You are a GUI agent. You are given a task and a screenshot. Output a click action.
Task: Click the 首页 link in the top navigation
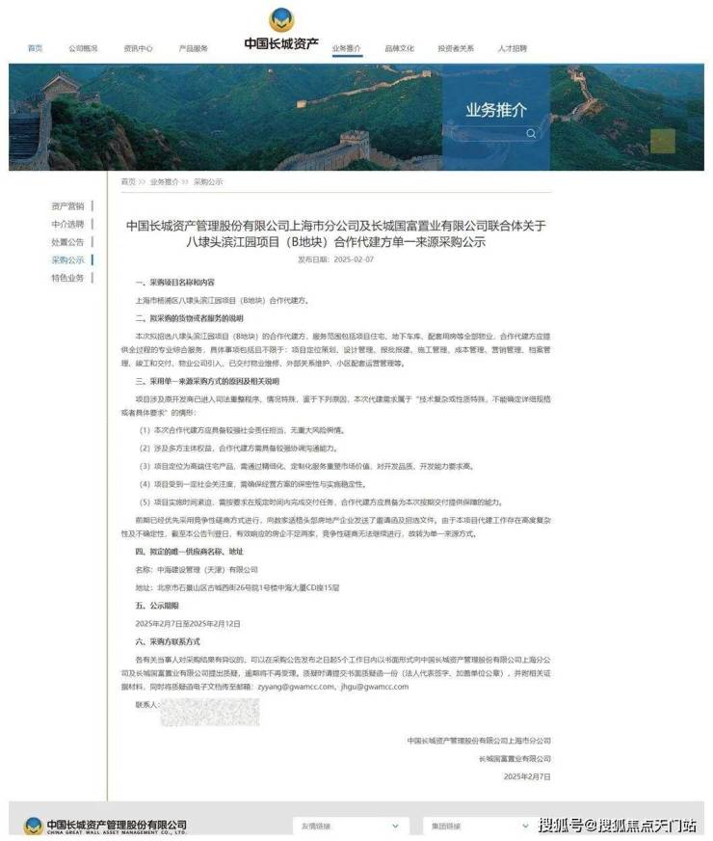point(35,47)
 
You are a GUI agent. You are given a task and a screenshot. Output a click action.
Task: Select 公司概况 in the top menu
point(83,47)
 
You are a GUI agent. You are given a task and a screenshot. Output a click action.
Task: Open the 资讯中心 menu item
point(138,47)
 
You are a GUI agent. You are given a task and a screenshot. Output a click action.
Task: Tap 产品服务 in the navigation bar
point(193,47)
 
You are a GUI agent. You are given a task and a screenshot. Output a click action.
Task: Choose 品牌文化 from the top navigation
point(399,47)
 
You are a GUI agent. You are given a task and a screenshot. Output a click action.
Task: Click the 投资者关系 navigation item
point(456,47)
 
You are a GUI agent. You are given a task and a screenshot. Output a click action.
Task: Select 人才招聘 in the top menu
point(513,47)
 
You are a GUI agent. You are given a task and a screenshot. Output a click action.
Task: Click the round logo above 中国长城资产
point(281,19)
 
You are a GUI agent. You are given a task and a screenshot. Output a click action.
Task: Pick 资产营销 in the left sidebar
point(67,205)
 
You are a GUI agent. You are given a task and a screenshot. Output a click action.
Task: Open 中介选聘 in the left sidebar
point(67,224)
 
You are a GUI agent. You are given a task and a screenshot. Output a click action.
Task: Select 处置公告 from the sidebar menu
point(67,242)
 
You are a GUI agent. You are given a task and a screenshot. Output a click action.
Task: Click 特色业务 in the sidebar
point(67,278)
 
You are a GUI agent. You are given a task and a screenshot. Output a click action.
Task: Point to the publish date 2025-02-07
point(353,259)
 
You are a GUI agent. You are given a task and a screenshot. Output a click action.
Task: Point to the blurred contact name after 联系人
point(209,712)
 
